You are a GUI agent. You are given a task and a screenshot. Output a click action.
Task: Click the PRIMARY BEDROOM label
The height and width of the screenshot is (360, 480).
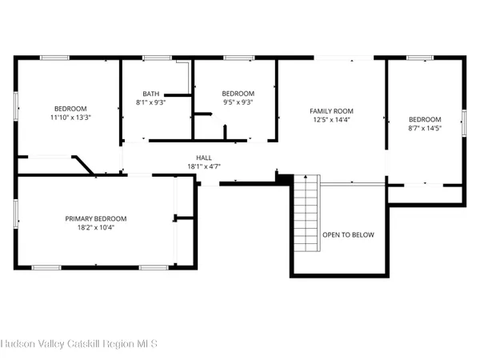point(96,218)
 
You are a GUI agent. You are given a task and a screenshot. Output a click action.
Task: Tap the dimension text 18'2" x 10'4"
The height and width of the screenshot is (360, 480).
point(96,228)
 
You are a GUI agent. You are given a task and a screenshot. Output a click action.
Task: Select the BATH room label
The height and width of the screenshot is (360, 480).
point(151,93)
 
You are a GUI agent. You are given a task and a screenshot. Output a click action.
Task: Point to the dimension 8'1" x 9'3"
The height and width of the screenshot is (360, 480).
point(151,102)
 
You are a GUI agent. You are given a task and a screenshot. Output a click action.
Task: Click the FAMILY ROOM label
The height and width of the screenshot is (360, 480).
point(331,110)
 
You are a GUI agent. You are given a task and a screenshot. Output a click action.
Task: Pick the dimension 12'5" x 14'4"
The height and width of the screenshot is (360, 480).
point(331,120)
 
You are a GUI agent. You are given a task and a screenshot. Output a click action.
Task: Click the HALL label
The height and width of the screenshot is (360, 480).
point(204,158)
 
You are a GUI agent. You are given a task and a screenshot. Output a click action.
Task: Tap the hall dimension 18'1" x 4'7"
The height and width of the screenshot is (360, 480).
point(204,166)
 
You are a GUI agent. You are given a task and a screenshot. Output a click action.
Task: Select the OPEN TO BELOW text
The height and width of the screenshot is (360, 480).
point(348,235)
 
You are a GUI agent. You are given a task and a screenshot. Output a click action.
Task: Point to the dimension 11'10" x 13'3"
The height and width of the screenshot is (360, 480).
point(70,118)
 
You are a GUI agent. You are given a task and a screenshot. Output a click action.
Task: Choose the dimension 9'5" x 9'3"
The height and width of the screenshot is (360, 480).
point(238,102)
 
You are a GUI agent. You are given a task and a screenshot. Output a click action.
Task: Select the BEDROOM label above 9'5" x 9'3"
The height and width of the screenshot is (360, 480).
point(238,93)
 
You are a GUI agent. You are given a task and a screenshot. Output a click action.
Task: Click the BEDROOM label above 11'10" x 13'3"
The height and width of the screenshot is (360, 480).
point(70,109)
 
